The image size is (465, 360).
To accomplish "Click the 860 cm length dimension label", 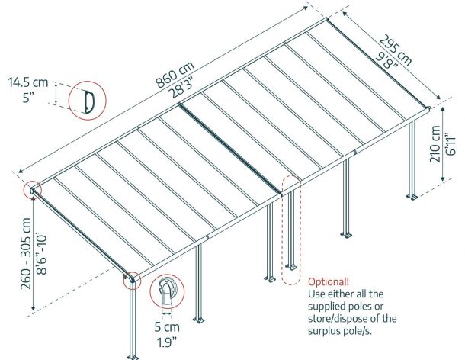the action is point(175,75).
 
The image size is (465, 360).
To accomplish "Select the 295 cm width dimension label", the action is point(396,50).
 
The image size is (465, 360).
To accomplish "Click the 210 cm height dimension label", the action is point(435,144).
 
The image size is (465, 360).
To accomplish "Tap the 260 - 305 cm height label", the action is point(26,253).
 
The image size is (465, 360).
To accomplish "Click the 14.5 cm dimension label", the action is point(28,82).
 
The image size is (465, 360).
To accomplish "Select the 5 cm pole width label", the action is point(167,326).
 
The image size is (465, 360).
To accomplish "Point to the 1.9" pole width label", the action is point(167,342).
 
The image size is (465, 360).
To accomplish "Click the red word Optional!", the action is point(329,281).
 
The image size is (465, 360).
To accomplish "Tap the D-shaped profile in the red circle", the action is point(88,101).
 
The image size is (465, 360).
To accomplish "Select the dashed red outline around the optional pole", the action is point(291,230).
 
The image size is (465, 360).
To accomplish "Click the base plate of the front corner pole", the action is point(133,357).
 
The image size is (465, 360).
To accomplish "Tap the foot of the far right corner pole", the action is point(412,197).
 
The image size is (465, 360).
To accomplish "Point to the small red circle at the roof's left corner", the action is point(32,190).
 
